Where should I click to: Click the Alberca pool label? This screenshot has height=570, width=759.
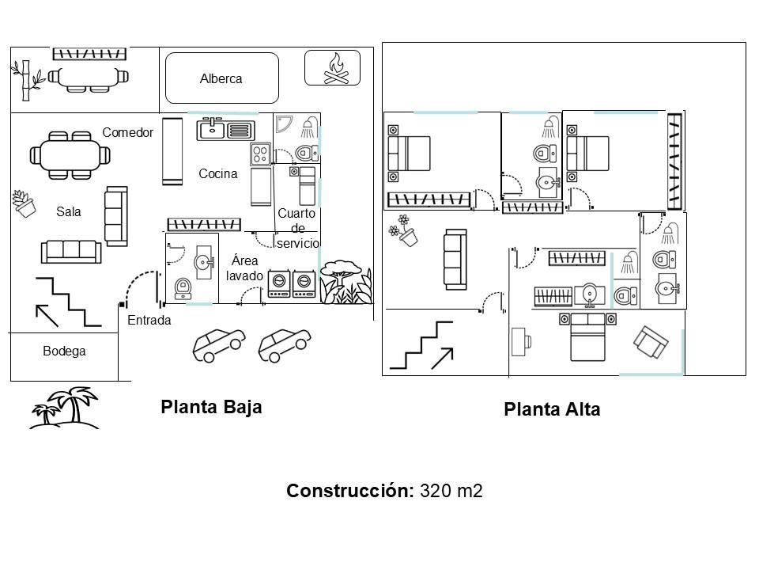[x=221, y=78]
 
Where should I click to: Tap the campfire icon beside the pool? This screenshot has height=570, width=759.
[x=337, y=68]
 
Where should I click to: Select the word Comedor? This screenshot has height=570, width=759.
[x=128, y=132]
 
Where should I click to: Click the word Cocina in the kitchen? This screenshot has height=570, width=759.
[x=218, y=173]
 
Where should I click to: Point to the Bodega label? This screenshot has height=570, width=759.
[x=64, y=351]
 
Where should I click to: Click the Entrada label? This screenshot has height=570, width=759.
[x=149, y=320]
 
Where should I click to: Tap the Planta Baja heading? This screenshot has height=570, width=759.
[x=211, y=407]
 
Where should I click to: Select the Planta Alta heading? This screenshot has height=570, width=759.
[x=552, y=409]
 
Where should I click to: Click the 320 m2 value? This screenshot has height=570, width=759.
[x=451, y=491]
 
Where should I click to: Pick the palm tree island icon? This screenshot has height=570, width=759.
[x=64, y=408]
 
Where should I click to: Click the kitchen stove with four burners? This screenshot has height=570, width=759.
[x=260, y=154]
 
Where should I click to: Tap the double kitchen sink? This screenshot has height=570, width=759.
[x=225, y=129]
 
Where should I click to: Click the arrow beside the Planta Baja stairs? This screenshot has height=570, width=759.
[x=47, y=315]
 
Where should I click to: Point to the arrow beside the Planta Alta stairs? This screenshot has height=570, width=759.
[x=443, y=358]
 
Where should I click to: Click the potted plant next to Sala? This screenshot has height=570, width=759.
[x=24, y=203]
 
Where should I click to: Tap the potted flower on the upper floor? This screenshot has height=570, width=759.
[x=403, y=231]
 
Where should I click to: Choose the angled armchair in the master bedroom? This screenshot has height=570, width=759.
[x=651, y=342]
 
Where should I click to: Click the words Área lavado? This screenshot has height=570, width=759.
[x=244, y=268]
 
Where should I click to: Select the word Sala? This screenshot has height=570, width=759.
[x=68, y=211]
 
